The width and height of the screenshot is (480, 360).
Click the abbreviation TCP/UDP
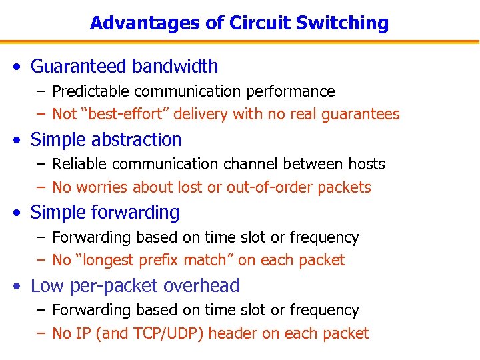click(163, 333)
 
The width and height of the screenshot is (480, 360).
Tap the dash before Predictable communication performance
click(42, 91)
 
